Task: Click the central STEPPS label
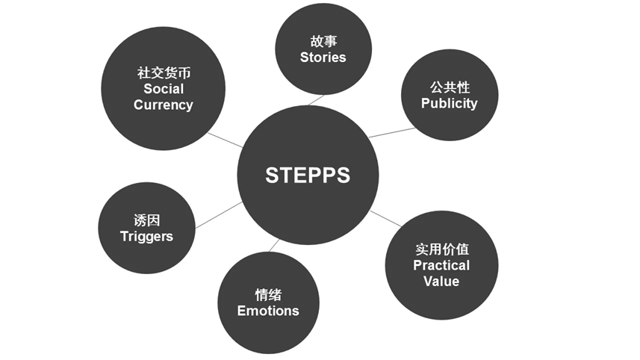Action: pos(308,175)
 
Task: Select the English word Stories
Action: pos(323,58)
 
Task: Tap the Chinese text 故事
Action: pos(323,42)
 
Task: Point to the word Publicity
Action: pos(449,103)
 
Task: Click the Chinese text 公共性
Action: pos(449,87)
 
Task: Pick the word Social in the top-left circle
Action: pos(163,89)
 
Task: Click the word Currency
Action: pos(163,105)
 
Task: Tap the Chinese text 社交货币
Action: pos(163,73)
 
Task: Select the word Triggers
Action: pos(146,236)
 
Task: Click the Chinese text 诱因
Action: pos(146,220)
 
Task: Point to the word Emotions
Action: pos(268,311)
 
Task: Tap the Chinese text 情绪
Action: pos(268,295)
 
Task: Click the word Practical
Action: pos(441,265)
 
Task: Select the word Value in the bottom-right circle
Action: pos(441,281)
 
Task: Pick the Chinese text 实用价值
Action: pos(441,249)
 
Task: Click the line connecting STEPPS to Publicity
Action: pos(391,132)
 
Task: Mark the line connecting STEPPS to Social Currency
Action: pos(225,140)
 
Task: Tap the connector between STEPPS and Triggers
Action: pos(218,214)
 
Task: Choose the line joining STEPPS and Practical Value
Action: pos(385,218)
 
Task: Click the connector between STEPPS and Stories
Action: pos(316,99)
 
